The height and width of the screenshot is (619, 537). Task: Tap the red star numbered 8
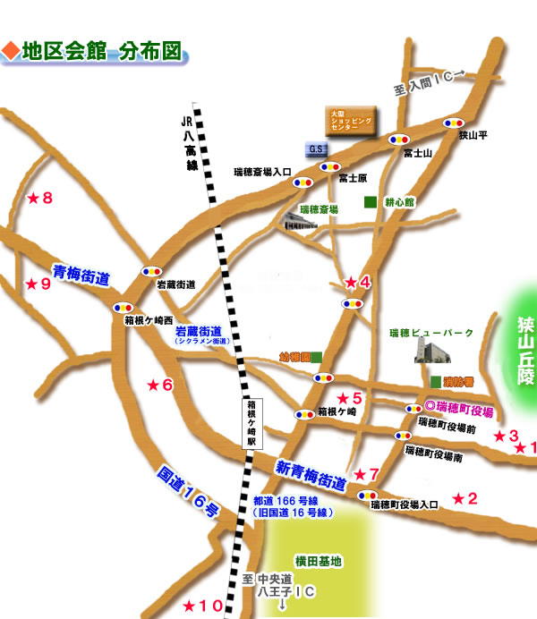(x=32, y=198)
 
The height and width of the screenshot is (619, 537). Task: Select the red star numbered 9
(x=32, y=284)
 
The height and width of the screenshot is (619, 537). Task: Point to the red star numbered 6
(x=153, y=385)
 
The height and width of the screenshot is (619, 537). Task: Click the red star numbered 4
(x=351, y=283)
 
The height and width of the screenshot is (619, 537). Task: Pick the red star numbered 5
(x=342, y=398)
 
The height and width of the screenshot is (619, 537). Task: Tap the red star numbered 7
(x=360, y=473)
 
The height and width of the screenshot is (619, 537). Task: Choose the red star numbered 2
(x=459, y=498)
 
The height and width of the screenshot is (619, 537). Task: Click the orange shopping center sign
(x=350, y=119)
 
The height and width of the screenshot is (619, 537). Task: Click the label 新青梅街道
(x=310, y=474)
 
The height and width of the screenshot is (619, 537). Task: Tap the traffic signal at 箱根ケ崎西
(x=119, y=306)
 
